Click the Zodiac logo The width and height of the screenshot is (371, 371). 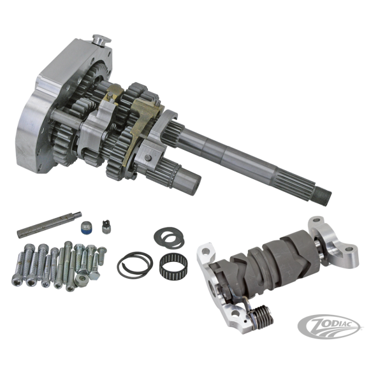click(329, 327)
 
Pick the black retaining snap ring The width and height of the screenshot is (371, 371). click(135, 265)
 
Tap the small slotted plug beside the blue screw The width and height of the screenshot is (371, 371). click(106, 226)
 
